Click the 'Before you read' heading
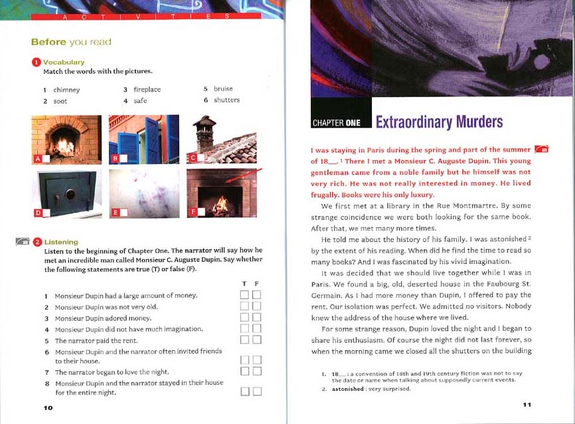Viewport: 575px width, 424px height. [71, 42]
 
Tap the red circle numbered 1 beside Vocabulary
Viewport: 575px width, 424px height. [37, 62]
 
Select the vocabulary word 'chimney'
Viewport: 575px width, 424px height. [66, 90]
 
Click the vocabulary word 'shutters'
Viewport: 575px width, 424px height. [226, 100]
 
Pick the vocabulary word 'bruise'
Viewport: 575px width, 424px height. [223, 88]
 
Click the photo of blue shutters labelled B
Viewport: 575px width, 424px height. [143, 140]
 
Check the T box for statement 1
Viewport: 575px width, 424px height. [244, 295]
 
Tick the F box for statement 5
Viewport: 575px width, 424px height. [256, 340]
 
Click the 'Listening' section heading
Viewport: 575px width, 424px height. [61, 242]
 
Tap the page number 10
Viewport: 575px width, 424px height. [48, 407]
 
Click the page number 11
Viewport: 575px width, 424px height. [527, 405]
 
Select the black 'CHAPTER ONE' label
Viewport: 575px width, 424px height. [336, 123]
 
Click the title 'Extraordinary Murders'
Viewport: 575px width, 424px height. [439, 122]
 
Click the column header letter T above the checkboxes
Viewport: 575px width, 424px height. [244, 284]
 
